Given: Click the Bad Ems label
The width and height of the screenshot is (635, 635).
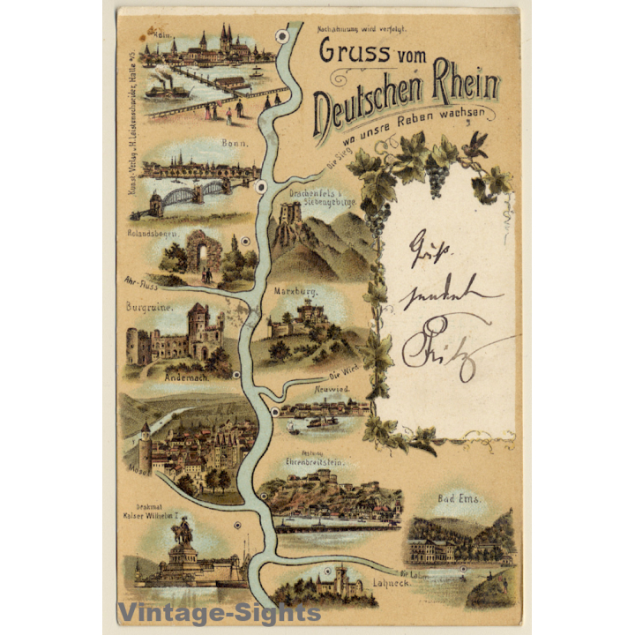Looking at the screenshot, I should (459, 500).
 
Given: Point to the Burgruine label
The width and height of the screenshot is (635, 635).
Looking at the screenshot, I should (147, 308).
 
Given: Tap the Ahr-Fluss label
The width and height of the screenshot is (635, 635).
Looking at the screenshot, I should (143, 283).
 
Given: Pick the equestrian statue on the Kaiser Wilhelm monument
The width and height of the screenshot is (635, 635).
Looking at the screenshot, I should (183, 532).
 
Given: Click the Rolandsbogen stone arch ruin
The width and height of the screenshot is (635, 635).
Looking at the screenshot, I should (204, 251).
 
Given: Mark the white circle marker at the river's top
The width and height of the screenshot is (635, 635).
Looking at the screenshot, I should (281, 36).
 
